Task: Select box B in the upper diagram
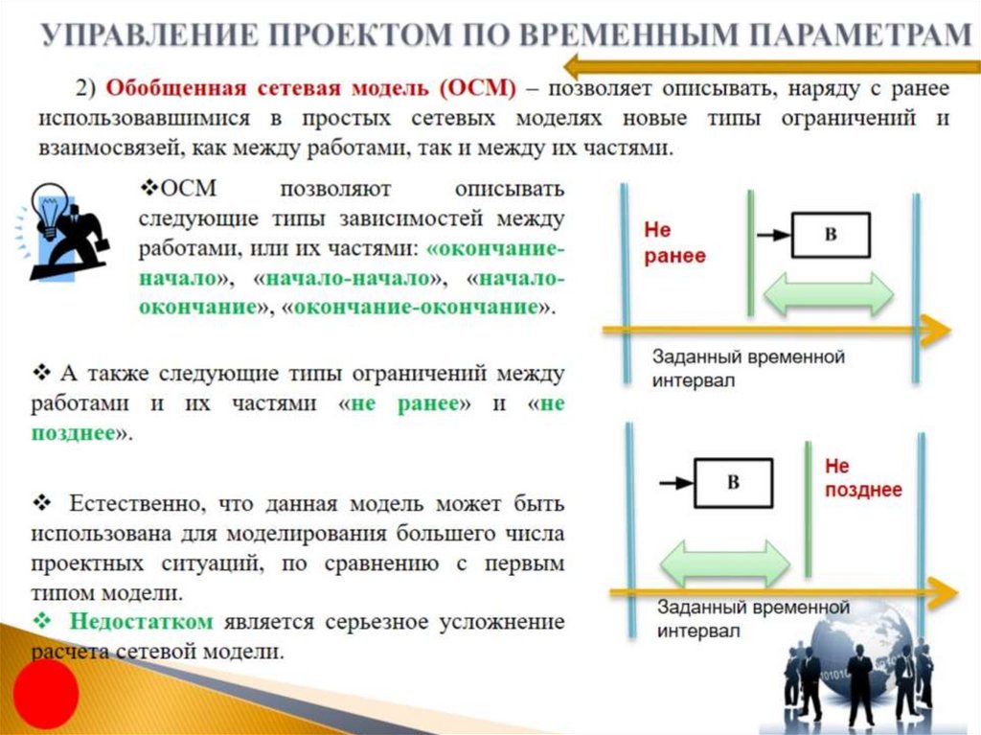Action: coord(831,235)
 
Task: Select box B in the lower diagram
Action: coord(733,482)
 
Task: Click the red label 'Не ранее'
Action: coord(674,243)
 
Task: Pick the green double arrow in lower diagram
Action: coord(723,562)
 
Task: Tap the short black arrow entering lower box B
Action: coord(673,482)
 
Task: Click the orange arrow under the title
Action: coord(766,66)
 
